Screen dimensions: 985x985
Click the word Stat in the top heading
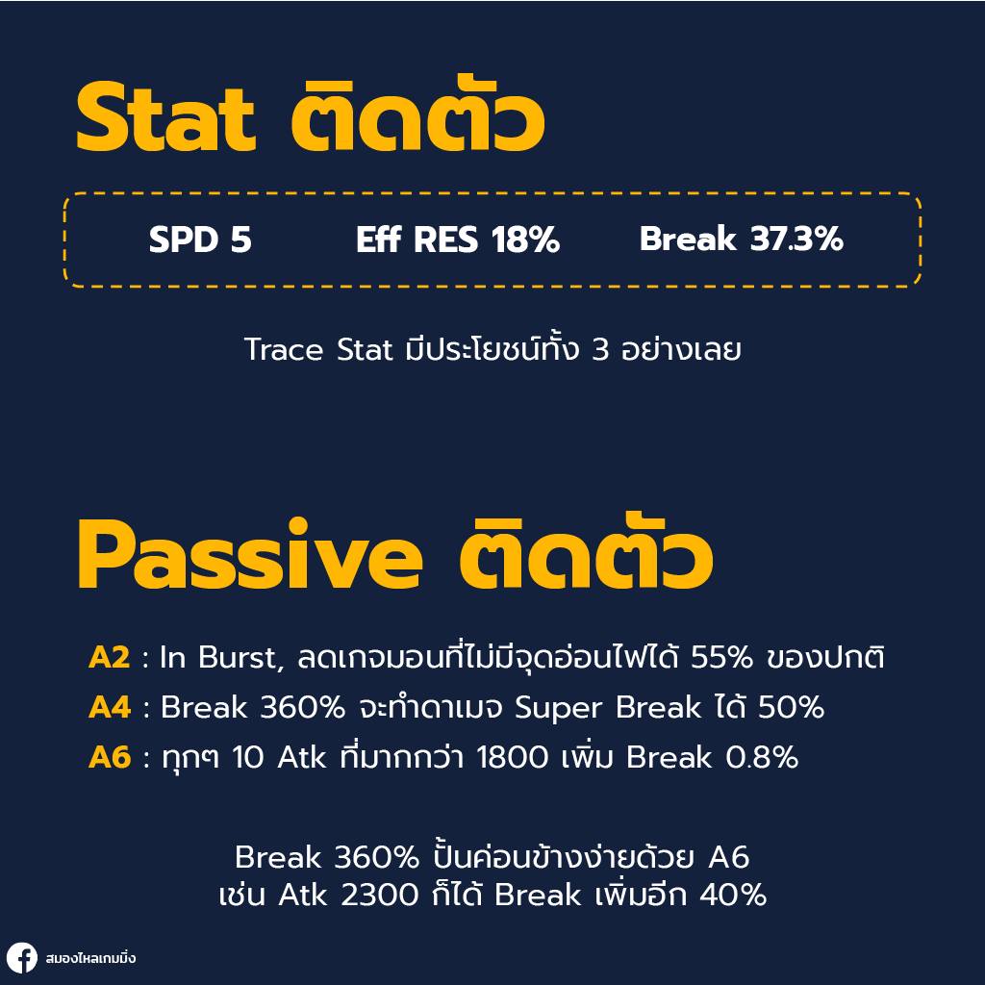tap(165, 119)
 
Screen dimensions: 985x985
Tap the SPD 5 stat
tap(200, 240)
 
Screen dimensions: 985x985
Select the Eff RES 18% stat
tap(457, 240)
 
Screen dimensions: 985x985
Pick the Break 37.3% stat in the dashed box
tap(741, 240)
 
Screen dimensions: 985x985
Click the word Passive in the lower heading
tap(249, 558)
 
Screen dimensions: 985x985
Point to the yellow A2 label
tap(109, 658)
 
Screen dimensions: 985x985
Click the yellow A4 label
tap(109, 708)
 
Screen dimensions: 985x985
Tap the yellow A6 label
tap(109, 758)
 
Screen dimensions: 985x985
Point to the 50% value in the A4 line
tap(791, 708)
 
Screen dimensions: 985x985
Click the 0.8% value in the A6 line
tap(761, 758)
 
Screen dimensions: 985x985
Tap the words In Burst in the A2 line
tap(220, 658)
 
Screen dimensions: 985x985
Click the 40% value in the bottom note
tap(733, 896)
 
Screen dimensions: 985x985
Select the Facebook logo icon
tap(21, 958)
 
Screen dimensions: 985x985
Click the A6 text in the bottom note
tap(728, 856)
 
